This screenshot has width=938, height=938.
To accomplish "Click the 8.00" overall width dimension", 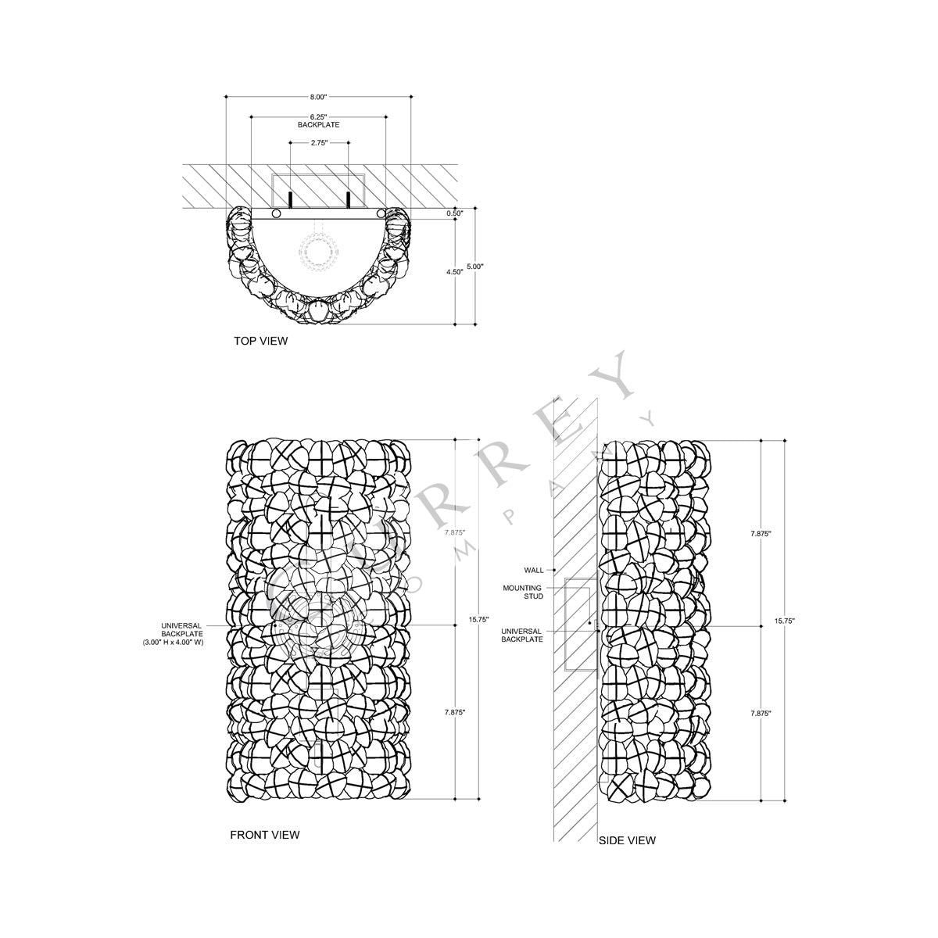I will pos(317,97).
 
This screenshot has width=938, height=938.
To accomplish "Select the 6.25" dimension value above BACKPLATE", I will pos(317,116).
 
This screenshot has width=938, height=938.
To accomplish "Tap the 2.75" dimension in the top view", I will pos(317,143).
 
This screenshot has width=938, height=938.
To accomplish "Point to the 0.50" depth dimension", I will pos(454,213).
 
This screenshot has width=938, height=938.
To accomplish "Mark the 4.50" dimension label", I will pos(453,272).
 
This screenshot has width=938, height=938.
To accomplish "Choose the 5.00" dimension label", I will pos(475,267).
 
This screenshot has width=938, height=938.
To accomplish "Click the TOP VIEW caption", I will pos(261,341).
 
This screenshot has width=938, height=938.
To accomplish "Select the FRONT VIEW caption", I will pos(264,835).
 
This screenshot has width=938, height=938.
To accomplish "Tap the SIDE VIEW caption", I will pos(627,841).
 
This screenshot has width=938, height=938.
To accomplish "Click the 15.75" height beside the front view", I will pos(478,619).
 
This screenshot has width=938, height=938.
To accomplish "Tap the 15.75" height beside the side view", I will pos(784,621).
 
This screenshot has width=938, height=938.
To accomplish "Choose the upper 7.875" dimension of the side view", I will pos(761,533).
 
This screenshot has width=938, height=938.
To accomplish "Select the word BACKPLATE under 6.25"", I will pos(317,125).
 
